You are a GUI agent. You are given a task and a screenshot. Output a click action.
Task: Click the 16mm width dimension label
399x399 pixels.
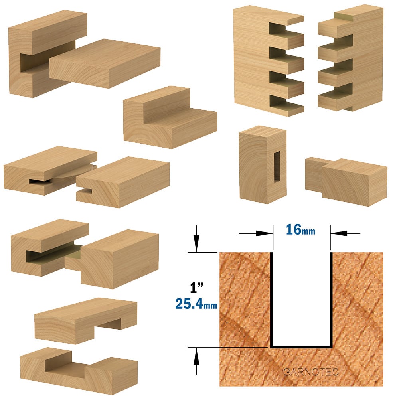point(300,229)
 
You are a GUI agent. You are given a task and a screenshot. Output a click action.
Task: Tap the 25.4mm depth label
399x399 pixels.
point(196,304)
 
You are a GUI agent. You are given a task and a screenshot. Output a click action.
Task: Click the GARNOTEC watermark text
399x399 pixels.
point(311,372)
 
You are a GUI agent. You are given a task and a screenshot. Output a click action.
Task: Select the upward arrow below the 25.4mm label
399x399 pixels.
point(196,361)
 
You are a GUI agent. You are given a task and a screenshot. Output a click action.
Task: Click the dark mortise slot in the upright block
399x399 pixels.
point(277,167)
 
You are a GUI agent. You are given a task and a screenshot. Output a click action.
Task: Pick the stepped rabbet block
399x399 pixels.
point(170,117)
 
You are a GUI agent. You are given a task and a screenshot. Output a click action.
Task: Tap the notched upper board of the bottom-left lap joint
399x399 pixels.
point(86,320)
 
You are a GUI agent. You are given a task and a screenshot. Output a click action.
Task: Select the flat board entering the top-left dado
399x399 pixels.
point(105,63)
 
